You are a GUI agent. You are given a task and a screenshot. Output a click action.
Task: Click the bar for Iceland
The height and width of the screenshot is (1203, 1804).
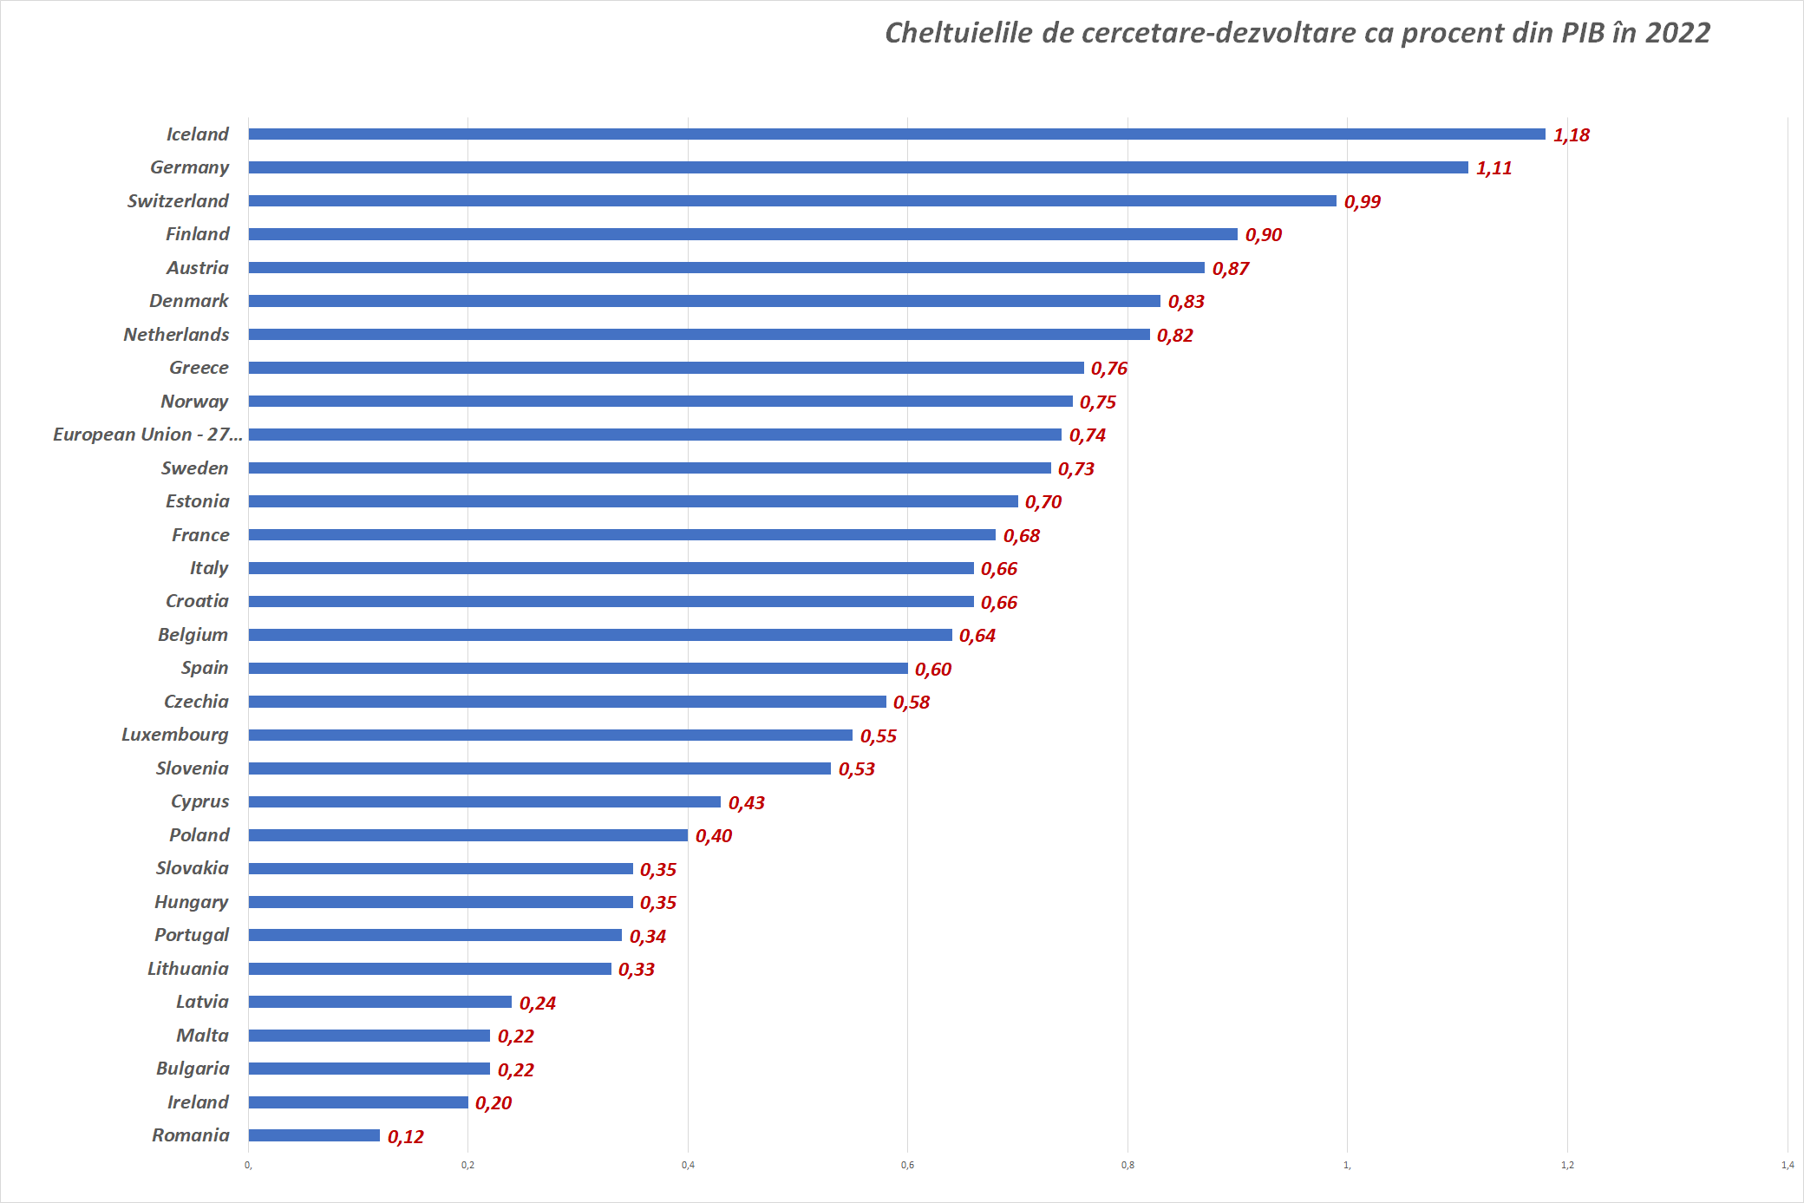click(x=896, y=134)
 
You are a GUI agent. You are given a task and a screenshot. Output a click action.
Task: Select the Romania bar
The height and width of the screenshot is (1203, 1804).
click(x=314, y=1135)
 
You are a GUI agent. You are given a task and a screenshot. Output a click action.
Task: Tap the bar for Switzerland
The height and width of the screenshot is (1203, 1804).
click(x=792, y=201)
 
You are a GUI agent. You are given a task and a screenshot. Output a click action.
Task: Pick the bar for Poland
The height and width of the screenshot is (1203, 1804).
click(x=467, y=835)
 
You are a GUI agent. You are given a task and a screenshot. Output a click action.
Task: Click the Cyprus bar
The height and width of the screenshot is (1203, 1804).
click(x=484, y=802)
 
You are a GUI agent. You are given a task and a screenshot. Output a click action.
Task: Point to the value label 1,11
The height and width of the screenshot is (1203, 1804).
click(x=1494, y=168)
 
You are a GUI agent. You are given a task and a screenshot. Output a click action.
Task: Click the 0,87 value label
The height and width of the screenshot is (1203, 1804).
click(x=1231, y=269)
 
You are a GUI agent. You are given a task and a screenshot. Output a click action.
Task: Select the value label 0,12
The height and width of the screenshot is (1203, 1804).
click(x=406, y=1137)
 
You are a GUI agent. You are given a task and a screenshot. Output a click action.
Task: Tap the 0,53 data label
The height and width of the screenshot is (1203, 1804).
click(x=857, y=769)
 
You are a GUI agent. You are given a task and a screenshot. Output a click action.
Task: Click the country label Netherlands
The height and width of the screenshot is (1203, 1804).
click(x=176, y=335)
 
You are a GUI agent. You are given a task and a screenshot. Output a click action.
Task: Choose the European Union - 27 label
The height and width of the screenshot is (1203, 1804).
click(x=147, y=435)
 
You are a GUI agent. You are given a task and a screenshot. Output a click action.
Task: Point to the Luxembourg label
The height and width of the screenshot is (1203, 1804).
click(x=175, y=735)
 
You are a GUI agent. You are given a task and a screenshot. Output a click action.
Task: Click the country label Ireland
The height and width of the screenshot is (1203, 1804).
click(x=198, y=1102)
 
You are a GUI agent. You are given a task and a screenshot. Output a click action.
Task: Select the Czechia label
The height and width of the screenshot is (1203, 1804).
click(x=196, y=702)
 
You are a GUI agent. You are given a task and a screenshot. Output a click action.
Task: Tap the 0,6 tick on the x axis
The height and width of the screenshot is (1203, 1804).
click(x=907, y=1165)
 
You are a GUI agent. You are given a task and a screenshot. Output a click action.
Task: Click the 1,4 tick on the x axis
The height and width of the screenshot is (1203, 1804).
click(x=1787, y=1165)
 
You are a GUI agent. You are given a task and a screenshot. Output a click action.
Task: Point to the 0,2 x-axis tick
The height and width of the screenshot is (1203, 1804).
click(x=467, y=1165)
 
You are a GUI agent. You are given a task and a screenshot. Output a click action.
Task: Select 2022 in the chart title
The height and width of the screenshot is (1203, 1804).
click(x=1677, y=33)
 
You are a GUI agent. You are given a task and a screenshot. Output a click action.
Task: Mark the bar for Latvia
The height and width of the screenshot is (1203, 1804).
click(x=380, y=1002)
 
